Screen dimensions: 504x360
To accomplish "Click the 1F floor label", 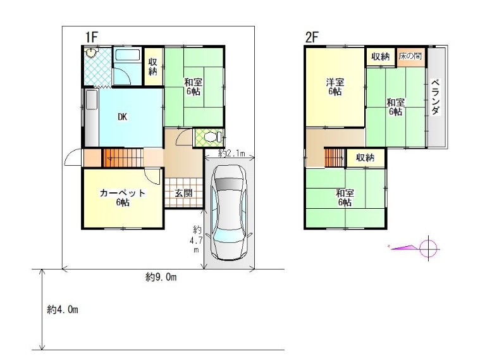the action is tap(91, 37).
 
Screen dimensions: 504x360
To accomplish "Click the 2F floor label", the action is tap(312, 37).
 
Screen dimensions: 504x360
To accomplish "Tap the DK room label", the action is tap(122, 117).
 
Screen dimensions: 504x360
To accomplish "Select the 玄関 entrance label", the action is tap(183, 193).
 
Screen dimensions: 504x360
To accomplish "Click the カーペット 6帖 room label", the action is tap(123, 197).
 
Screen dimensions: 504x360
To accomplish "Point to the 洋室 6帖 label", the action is tap(335, 87).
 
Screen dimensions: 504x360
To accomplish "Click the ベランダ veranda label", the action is tap(436, 97).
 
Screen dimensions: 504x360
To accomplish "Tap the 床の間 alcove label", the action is tap(410, 56).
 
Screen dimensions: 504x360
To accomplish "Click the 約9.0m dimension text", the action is tap(161, 277).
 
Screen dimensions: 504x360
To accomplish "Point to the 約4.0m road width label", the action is tap(63, 310).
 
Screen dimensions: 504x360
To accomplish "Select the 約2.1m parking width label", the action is tap(231, 154).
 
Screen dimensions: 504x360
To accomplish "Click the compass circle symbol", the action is tap(429, 248).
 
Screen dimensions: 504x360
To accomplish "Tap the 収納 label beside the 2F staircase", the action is tap(365, 158).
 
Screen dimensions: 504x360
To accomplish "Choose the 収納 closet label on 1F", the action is tap(152, 67).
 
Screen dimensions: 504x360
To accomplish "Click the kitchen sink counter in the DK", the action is tap(92, 118).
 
